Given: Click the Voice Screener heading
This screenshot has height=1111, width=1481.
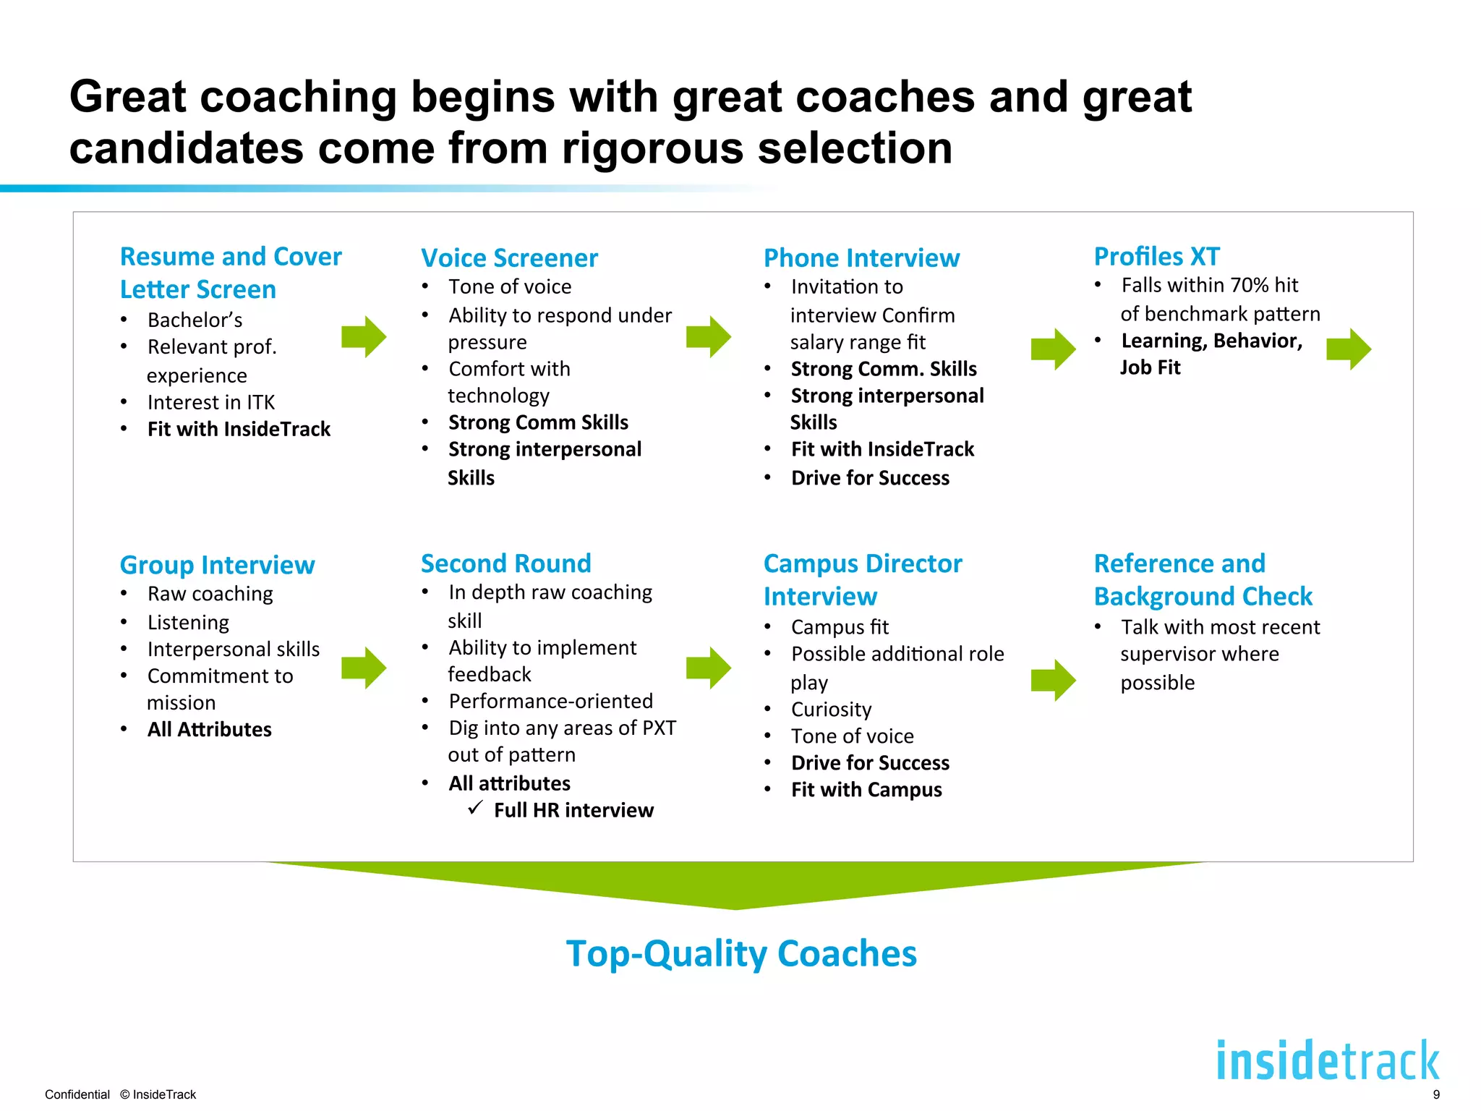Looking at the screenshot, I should point(509,258).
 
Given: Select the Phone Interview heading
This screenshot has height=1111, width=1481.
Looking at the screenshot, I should point(861,258).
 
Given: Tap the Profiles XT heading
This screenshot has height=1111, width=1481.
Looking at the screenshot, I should point(1156,257).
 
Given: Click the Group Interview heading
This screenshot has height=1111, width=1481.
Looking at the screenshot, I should point(217,565).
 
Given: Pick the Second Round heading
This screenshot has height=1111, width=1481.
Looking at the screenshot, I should point(505,563).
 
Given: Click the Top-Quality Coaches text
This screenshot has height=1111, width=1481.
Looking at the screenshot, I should point(740,953).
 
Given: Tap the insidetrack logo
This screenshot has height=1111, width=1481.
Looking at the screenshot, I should point(1327,1061).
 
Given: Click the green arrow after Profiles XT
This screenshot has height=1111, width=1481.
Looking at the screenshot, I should point(1349,349).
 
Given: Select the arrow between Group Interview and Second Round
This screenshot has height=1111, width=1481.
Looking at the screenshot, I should point(364,668).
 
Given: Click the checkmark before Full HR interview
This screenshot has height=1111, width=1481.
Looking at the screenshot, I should point(475,808).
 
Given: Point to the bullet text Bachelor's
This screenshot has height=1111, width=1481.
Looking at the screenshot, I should point(195,320).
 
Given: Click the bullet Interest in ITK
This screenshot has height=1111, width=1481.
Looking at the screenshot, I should point(210,402).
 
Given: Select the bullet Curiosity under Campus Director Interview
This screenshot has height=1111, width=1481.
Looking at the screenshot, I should point(831,710).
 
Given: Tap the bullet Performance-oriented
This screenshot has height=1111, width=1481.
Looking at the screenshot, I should point(550,701).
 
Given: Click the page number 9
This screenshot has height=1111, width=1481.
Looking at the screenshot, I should point(1436,1094).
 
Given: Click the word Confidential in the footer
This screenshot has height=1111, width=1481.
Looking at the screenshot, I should point(77,1094).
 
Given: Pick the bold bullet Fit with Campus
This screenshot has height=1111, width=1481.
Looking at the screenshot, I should point(866,790).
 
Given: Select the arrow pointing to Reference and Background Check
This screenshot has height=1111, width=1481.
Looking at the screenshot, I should point(1053,680).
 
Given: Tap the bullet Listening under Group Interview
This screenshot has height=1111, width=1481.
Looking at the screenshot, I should point(188,623).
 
